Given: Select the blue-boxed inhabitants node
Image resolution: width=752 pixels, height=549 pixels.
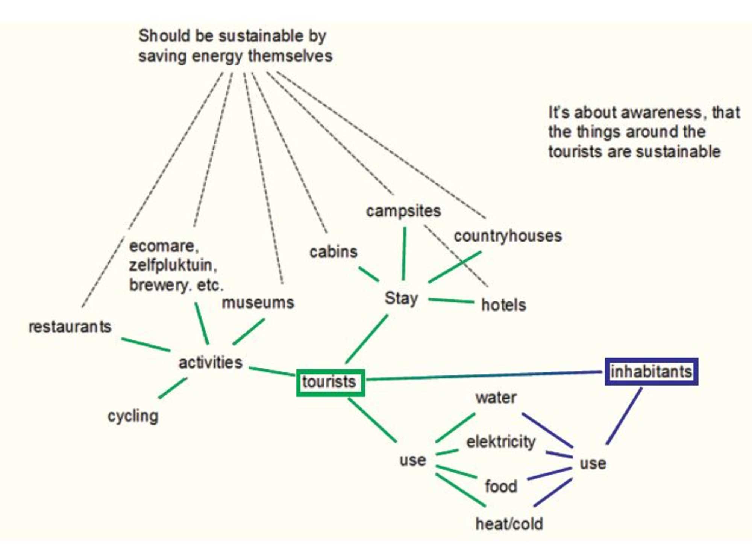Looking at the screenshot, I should [x=651, y=371].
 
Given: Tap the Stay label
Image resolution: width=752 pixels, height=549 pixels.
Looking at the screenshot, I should [x=401, y=299].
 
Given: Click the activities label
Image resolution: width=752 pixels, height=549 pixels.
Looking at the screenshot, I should [x=210, y=363].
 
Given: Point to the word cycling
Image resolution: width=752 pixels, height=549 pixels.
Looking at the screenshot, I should [x=133, y=416].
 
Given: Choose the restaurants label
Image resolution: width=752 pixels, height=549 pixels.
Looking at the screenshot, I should [x=70, y=327].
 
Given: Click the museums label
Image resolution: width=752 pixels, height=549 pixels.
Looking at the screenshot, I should [x=258, y=302].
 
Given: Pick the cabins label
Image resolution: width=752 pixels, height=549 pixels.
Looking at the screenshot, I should [x=333, y=252].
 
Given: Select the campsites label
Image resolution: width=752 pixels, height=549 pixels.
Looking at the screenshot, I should [x=403, y=211].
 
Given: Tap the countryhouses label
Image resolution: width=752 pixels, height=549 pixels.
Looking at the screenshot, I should [x=508, y=236].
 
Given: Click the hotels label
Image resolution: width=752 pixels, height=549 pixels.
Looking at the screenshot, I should [x=503, y=305].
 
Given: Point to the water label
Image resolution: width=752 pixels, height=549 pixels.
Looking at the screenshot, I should [x=496, y=398].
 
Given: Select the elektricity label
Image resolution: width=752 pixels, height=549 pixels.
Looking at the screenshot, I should [x=501, y=442].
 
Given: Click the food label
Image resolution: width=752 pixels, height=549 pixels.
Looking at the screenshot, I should [x=501, y=486].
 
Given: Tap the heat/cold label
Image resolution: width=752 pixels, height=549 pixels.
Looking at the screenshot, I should [x=509, y=523].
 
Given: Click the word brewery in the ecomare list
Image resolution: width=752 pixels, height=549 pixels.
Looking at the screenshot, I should [x=158, y=285].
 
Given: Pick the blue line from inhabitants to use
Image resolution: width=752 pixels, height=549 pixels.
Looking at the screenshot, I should [x=624, y=416].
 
